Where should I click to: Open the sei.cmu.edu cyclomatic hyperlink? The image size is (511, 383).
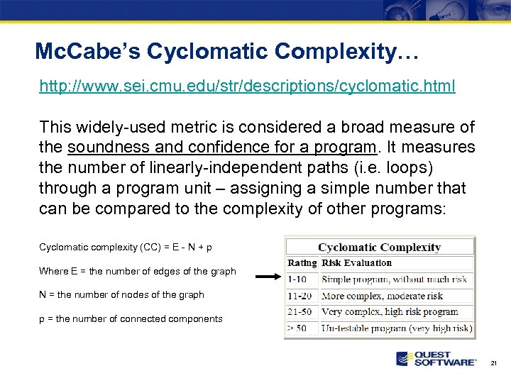pyautogui.click(x=247, y=87)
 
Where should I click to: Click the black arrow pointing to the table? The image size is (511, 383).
pyautogui.click(x=268, y=277)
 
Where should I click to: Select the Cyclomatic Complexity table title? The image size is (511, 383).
pyautogui.click(x=379, y=248)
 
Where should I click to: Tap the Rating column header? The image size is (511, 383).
pyautogui.click(x=302, y=262)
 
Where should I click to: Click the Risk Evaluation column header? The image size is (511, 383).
pyautogui.click(x=356, y=262)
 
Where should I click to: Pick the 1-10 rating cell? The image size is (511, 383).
pyautogui.click(x=297, y=279)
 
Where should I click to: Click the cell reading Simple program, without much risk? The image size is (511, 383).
pyautogui.click(x=394, y=279)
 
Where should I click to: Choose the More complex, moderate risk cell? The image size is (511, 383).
pyautogui.click(x=382, y=296)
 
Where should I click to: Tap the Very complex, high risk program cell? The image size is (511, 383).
pyautogui.click(x=390, y=312)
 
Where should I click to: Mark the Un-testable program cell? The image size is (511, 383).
pyautogui.click(x=396, y=328)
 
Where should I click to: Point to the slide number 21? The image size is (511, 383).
pyautogui.click(x=494, y=362)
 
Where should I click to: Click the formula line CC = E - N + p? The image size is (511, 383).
pyautogui.click(x=126, y=248)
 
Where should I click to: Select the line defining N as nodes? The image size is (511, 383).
pyautogui.click(x=121, y=295)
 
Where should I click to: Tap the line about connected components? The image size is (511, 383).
pyautogui.click(x=131, y=319)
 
